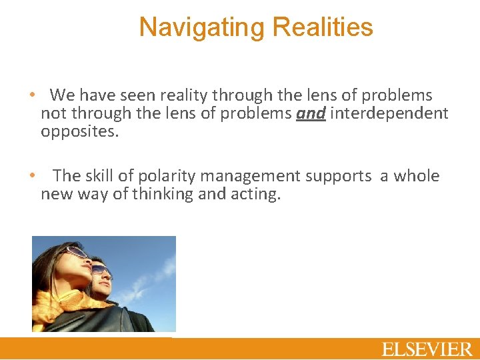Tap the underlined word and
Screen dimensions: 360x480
click(x=311, y=113)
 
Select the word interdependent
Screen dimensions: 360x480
click(x=389, y=113)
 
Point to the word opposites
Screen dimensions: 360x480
click(x=79, y=131)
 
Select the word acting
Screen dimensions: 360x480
click(x=257, y=194)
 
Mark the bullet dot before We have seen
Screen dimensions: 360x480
click(x=32, y=95)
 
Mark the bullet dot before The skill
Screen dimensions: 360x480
click(x=32, y=176)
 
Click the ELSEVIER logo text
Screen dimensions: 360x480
click(x=427, y=349)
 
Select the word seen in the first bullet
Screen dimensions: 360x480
click(x=128, y=95)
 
